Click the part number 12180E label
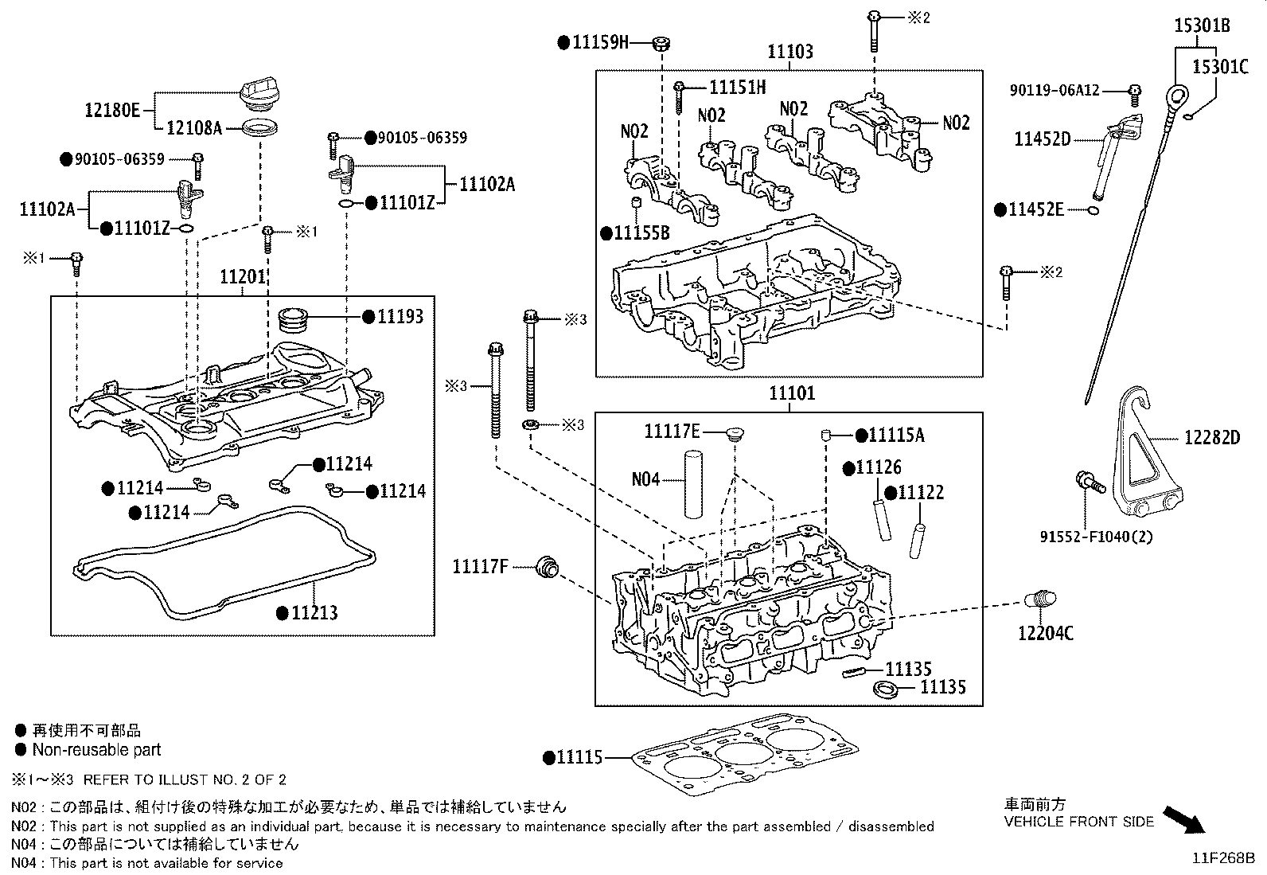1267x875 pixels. click(111, 110)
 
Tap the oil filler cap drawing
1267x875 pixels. click(258, 95)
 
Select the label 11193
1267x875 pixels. click(400, 317)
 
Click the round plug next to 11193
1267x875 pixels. click(298, 319)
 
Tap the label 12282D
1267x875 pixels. click(1211, 437)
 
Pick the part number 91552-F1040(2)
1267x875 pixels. click(1096, 537)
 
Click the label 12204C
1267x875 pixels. click(1045, 634)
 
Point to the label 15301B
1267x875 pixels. click(1202, 26)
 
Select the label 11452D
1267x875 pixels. click(1042, 139)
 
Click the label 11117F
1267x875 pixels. click(480, 567)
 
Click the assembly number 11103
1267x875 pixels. click(790, 52)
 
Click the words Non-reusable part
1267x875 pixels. click(96, 750)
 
